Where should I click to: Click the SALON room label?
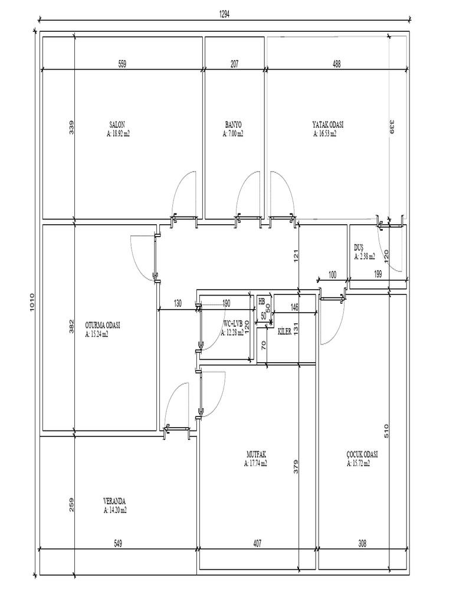pos(117,124)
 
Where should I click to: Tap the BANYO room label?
pos(233,124)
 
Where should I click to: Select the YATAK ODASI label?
pos(327,124)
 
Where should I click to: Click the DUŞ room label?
pos(359,248)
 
